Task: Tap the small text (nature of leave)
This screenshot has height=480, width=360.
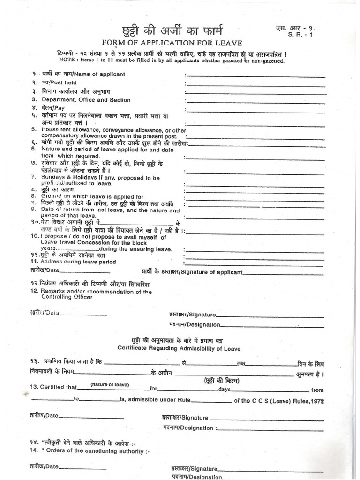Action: pos(110,385)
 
